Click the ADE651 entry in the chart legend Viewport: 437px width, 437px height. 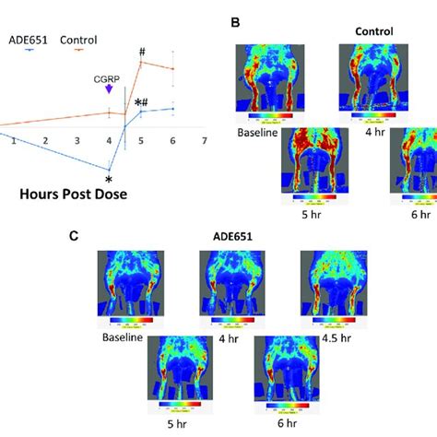click(x=25, y=40)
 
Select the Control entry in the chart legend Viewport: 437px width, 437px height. click(x=78, y=40)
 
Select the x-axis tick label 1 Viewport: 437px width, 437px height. click(x=14, y=140)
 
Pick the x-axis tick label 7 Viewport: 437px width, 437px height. click(x=204, y=140)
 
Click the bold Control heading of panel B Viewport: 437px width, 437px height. click(x=374, y=30)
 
